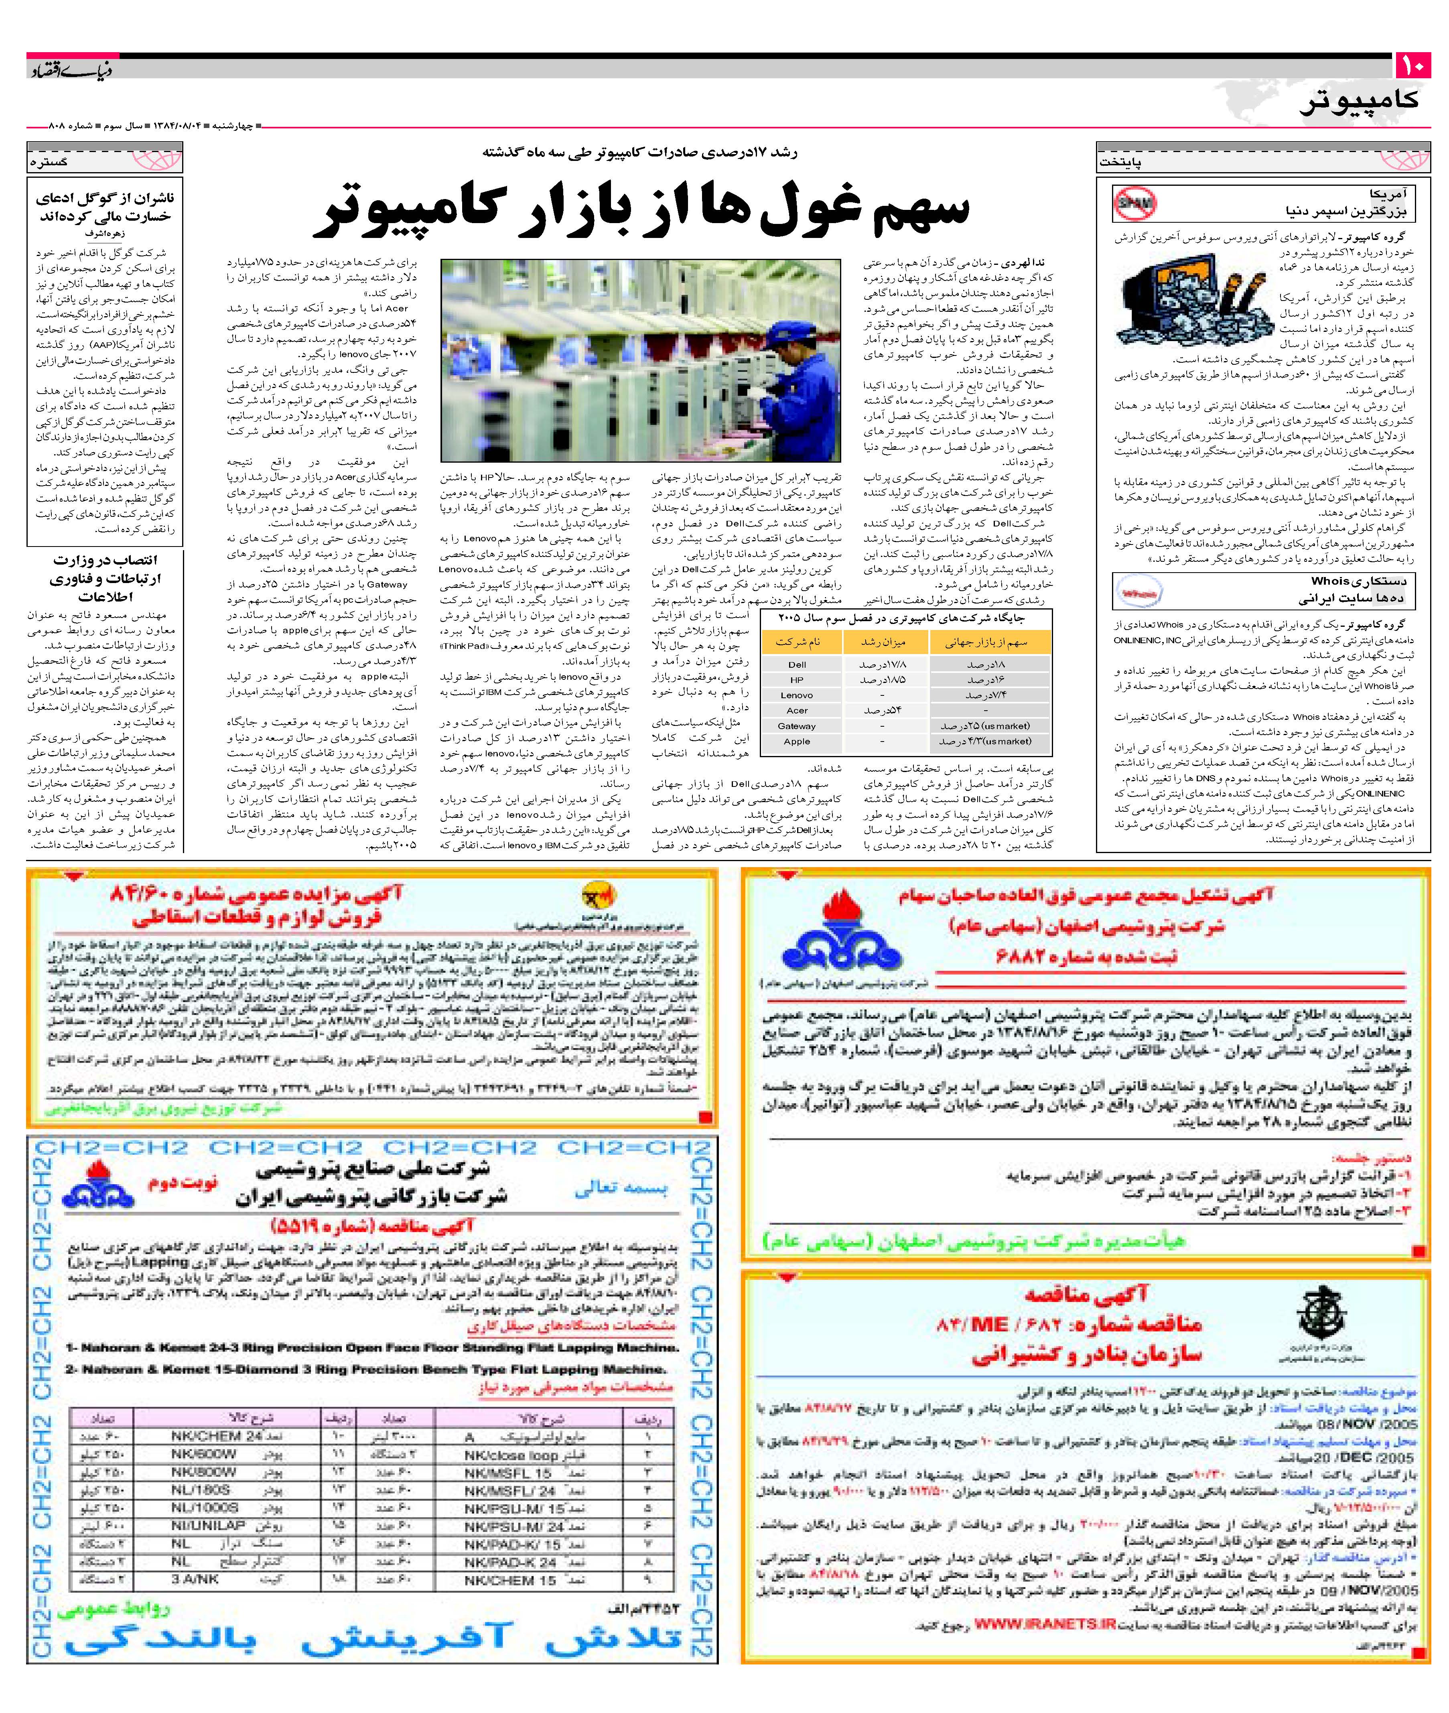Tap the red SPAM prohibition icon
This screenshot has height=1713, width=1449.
[1134, 204]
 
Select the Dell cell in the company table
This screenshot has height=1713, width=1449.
[797, 664]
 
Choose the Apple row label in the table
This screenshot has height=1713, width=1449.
[797, 741]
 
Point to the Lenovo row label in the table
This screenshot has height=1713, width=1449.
[797, 695]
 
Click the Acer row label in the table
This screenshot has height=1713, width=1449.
[797, 711]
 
